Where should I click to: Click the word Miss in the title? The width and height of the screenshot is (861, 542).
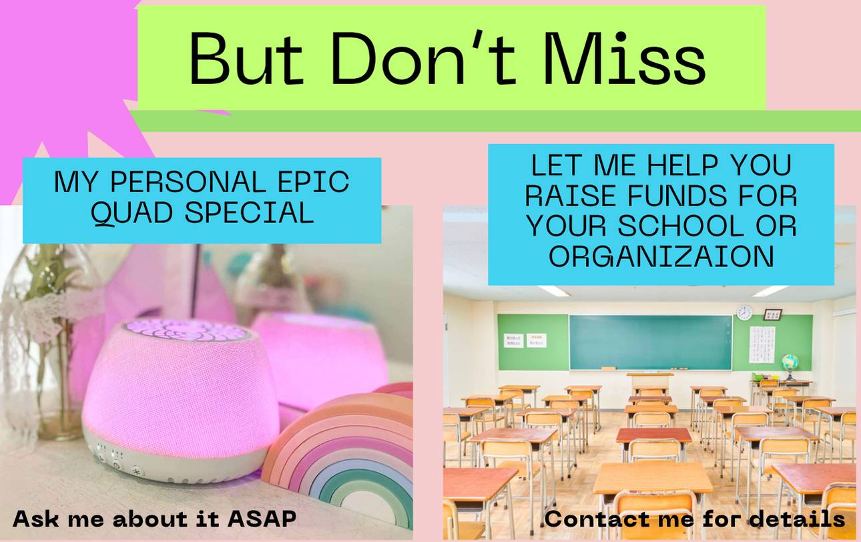(x=625, y=59)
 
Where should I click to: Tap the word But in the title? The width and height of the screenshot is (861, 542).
(x=246, y=59)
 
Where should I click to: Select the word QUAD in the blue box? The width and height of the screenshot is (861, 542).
(x=132, y=212)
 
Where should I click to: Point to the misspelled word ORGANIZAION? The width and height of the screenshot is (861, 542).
(x=661, y=256)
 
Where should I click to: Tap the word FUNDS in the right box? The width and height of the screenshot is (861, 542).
(x=677, y=196)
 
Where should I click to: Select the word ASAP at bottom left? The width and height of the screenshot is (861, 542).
(x=262, y=519)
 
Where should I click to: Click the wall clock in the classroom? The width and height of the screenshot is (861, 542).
(x=744, y=312)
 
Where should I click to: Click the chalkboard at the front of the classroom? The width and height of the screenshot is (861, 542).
(x=650, y=342)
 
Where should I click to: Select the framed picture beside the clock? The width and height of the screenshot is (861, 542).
(x=772, y=314)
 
